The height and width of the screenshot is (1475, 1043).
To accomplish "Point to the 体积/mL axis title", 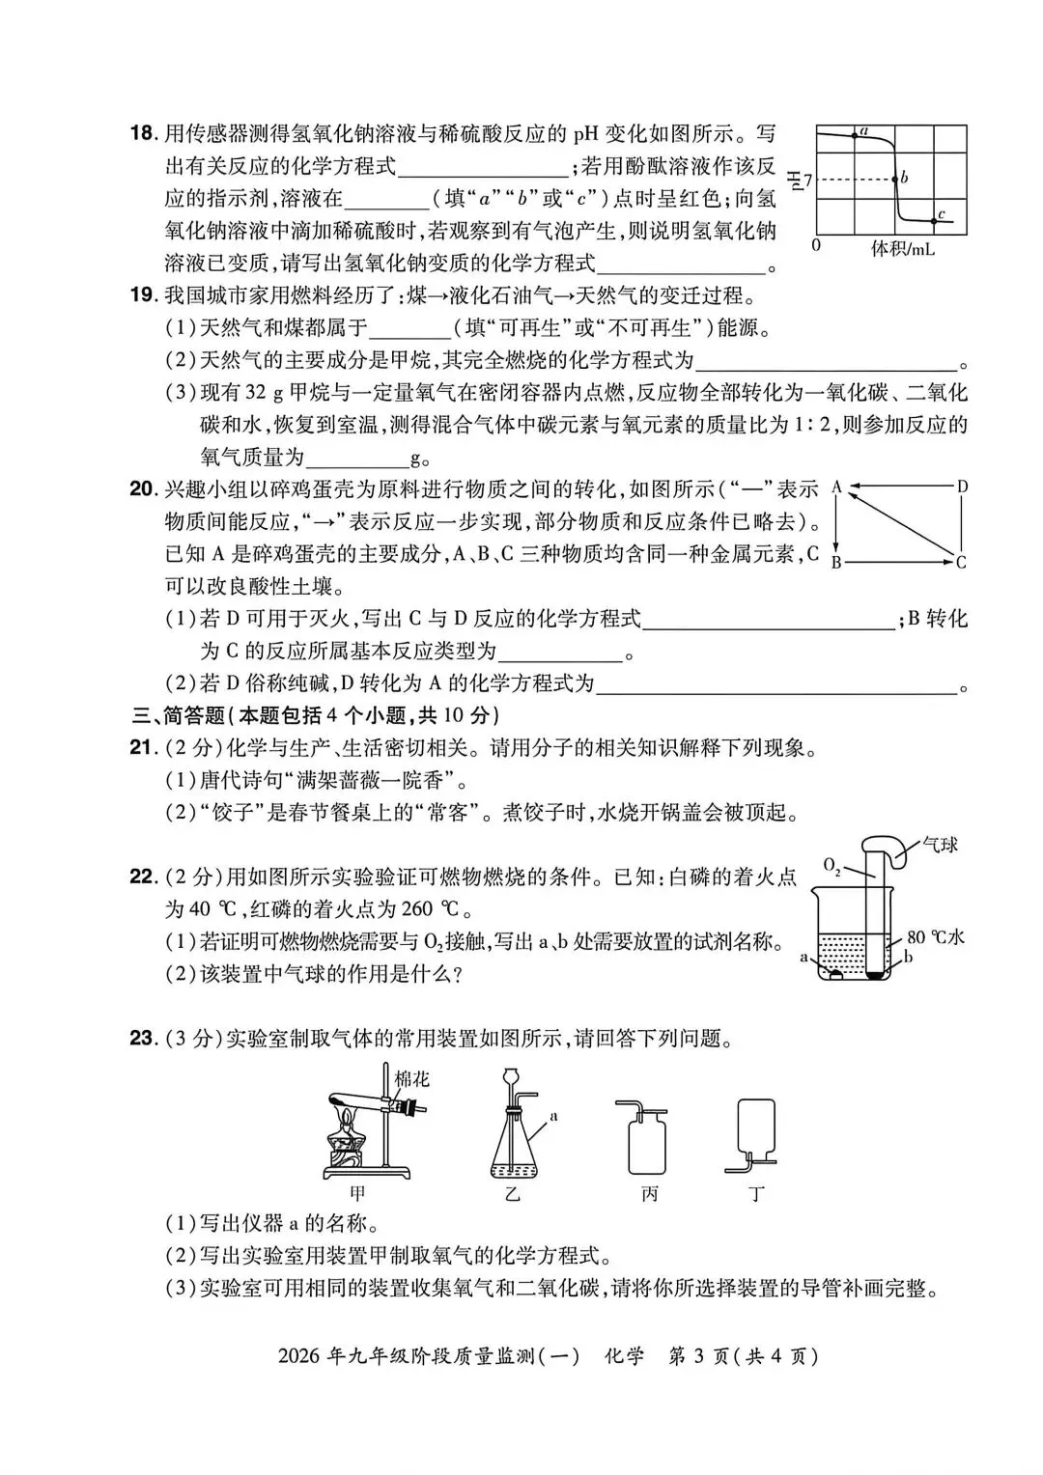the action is click(x=903, y=248).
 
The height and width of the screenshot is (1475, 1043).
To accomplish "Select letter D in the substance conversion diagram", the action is click(x=962, y=487).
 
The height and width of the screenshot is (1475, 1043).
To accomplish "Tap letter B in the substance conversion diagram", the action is click(x=836, y=562).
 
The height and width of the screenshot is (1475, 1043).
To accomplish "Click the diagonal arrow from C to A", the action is click(x=898, y=523).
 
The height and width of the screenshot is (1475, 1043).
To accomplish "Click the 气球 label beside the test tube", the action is click(x=940, y=845).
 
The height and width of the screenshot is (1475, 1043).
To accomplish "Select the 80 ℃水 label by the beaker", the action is click(x=936, y=937).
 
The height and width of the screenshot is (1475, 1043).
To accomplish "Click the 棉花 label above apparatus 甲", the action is click(x=412, y=1079).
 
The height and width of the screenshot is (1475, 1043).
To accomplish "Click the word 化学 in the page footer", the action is click(x=623, y=1355).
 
